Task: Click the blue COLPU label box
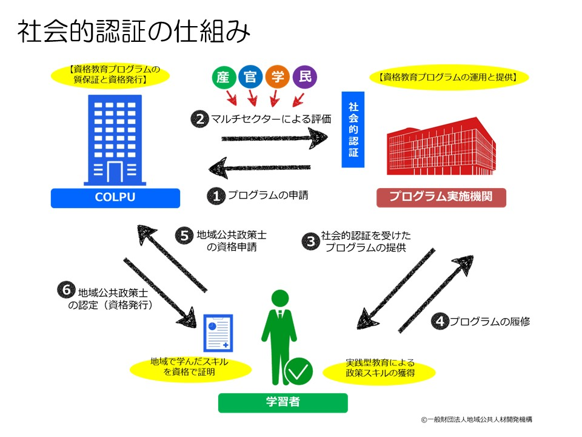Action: [x=115, y=198]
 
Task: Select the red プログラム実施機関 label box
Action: [x=441, y=198]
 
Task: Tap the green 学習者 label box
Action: [x=283, y=402]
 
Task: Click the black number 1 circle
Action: [x=216, y=195]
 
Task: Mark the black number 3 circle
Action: [x=311, y=242]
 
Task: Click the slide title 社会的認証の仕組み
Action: [x=133, y=32]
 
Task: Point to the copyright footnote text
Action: [x=477, y=419]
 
